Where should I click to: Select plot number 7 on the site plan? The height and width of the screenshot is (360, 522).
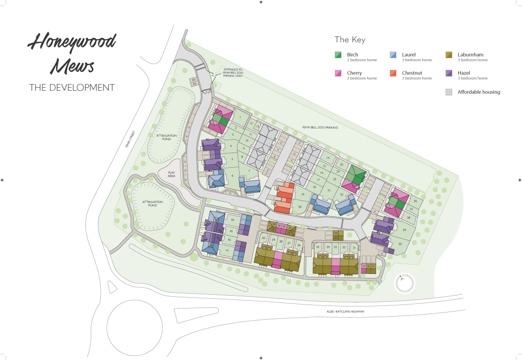(x=249, y=171)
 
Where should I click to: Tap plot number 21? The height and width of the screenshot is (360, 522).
(x=329, y=190)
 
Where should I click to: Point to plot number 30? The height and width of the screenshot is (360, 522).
(x=400, y=244)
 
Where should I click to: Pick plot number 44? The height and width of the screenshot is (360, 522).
(x=232, y=219)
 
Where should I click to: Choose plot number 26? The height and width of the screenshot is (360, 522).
(x=415, y=201)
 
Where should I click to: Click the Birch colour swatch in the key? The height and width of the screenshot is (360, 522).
(x=337, y=55)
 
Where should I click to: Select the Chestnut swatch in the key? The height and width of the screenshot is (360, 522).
(x=393, y=73)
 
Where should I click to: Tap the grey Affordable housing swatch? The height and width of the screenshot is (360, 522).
(x=449, y=92)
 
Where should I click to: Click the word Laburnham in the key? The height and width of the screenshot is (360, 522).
(x=471, y=55)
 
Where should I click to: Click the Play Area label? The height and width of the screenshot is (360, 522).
(x=172, y=174)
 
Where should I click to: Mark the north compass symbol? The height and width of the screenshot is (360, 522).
(x=404, y=284)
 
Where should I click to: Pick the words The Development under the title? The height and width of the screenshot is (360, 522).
(x=72, y=88)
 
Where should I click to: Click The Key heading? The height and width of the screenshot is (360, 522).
(x=350, y=40)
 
